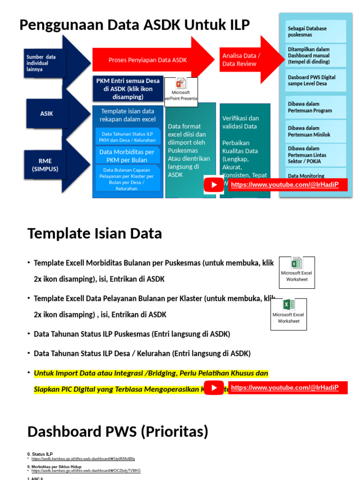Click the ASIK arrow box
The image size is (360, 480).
click(46, 113)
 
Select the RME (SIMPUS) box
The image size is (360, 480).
click(45, 165)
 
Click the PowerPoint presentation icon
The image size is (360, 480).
click(180, 91)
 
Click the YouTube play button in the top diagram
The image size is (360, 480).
click(214, 185)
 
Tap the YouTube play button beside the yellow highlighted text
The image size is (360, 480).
click(215, 388)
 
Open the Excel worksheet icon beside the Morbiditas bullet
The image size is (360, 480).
click(297, 272)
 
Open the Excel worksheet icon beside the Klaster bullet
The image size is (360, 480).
click(289, 314)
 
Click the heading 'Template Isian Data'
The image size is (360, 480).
click(95, 233)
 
